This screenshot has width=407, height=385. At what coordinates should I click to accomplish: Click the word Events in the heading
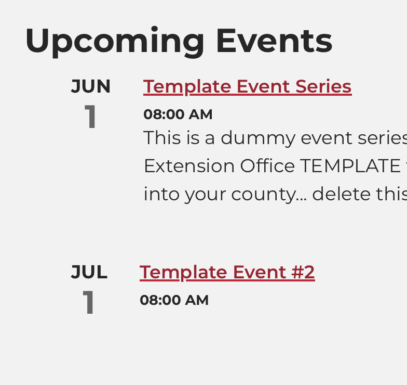coord(274,41)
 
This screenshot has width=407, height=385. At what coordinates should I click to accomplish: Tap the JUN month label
coord(91,86)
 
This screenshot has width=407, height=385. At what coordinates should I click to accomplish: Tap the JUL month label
coord(89,272)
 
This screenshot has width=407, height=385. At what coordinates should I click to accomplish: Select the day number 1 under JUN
coord(91,117)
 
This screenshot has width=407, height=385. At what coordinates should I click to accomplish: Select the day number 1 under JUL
coord(89,302)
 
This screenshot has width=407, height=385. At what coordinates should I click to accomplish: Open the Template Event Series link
coord(247,86)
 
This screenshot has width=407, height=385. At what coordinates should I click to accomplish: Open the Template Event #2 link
coord(227,272)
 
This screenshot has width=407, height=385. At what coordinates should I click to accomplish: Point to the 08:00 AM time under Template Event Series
coord(178,114)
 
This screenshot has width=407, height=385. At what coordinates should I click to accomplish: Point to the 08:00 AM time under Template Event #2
coord(174,300)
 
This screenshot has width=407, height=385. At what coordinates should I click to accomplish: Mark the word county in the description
coord(272,195)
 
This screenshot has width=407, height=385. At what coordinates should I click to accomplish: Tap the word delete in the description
coord(341,194)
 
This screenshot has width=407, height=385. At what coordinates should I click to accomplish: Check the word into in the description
coord(158,194)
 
